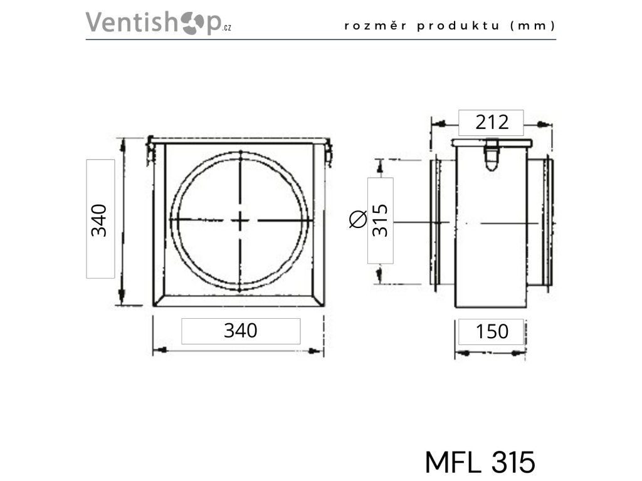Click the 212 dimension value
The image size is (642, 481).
point(491,122)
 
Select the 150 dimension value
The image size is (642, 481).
point(492,331)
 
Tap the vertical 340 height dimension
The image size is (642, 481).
point(100,219)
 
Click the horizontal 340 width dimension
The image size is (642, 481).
point(241,330)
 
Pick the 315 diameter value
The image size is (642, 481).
point(381,220)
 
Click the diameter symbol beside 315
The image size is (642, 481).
point(358,220)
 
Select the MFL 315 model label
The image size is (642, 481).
point(480,462)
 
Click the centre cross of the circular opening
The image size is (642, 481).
point(240,220)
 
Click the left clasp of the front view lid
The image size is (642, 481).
point(150,152)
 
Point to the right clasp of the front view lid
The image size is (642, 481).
point(329,152)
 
